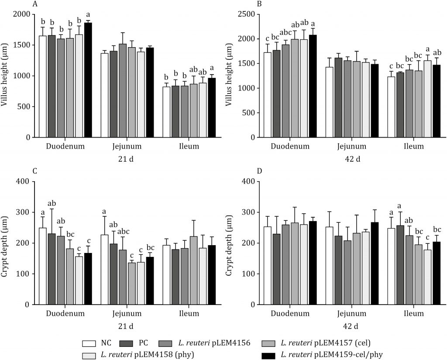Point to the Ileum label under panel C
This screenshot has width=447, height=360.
coord(189,313)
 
